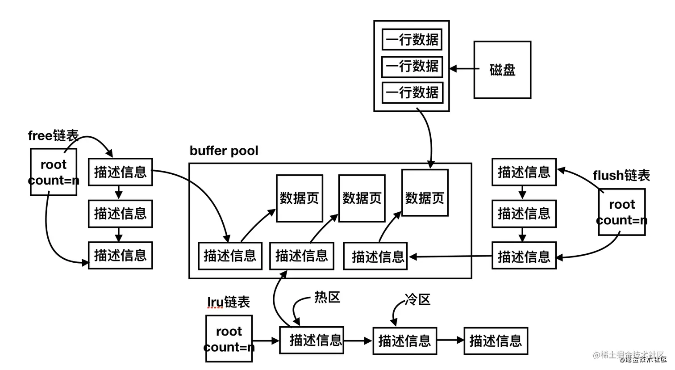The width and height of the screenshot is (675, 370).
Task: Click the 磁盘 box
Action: coord(502,70)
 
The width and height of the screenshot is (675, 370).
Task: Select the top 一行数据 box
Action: coord(412,39)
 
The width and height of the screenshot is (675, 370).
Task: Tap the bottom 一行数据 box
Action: coord(412,92)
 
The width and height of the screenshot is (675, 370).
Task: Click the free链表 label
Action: coord(53,135)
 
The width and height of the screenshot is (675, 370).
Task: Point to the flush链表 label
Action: coord(621,176)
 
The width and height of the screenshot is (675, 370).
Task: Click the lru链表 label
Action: coord(229,302)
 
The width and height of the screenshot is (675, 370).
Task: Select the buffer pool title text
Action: coord(224,151)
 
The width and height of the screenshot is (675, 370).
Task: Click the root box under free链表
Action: coord(54,172)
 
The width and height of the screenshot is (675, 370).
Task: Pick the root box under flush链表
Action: coord(621,212)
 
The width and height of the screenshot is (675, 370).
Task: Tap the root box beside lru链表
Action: coord(229,339)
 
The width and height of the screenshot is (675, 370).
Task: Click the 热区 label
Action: coord(327,298)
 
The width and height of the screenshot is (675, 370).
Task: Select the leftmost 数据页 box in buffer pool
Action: coord(300,198)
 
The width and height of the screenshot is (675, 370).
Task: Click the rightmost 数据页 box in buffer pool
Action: coord(425,193)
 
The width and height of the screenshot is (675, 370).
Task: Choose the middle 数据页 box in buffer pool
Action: coord(362,198)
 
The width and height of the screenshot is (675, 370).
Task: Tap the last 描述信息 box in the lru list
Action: coord(496,341)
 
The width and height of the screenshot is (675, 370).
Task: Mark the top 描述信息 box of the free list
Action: coord(120,172)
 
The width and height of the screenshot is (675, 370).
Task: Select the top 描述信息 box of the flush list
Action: coord(524,172)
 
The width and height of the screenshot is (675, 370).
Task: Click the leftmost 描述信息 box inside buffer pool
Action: coord(230,256)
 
